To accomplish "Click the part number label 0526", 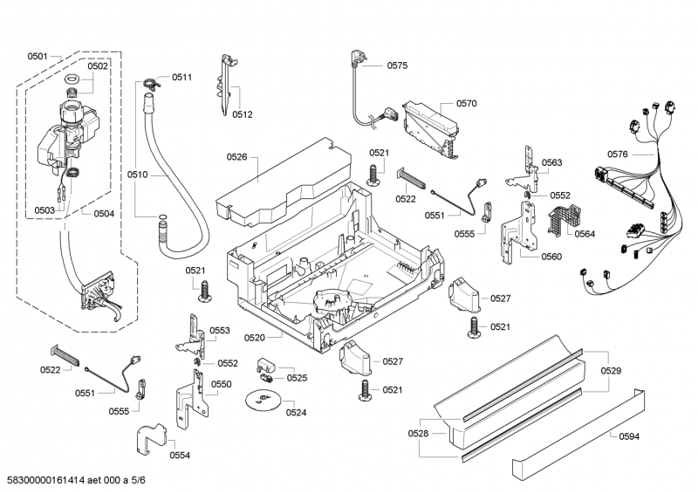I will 236,157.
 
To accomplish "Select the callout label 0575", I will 397,65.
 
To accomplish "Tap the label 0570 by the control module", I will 466,103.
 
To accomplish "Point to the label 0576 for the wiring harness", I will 618,154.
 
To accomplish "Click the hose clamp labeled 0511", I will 151,84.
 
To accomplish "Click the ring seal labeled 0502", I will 72,81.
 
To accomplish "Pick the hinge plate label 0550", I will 222,384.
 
